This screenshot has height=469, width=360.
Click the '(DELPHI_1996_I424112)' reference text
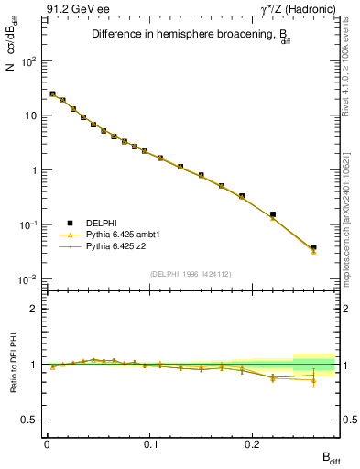[191, 274]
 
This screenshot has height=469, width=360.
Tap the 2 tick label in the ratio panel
[34, 310]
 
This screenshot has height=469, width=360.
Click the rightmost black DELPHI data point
[313, 247]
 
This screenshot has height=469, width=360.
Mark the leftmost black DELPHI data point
[52, 93]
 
